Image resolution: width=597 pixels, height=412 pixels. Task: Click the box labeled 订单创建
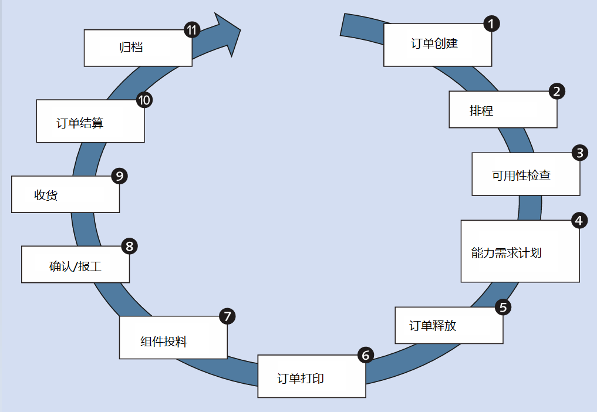point(437,45)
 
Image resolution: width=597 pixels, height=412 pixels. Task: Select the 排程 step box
point(502,110)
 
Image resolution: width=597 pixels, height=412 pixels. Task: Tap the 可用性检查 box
point(525,174)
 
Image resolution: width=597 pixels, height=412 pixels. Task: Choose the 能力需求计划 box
point(520,251)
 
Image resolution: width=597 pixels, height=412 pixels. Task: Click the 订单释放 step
point(448,325)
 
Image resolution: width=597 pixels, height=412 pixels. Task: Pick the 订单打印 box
point(311,376)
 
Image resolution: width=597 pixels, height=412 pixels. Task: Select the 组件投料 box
point(173,337)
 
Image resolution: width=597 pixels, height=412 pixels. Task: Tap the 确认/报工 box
point(75,265)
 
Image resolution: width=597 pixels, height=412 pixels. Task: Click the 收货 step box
point(65,194)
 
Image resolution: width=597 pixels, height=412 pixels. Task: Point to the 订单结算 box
point(90,121)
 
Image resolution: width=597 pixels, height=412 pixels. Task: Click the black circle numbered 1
point(491,23)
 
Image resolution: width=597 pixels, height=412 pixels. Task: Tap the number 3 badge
point(580,153)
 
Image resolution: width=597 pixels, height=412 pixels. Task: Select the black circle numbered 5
point(503,307)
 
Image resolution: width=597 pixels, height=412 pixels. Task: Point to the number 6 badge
point(365,355)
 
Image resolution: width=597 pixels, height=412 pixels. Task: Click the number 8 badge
point(129,246)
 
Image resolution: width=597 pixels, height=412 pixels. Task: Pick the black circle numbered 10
point(144,100)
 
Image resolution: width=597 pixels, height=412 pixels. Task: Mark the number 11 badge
point(192,30)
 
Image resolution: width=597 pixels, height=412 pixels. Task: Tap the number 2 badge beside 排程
point(556,91)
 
